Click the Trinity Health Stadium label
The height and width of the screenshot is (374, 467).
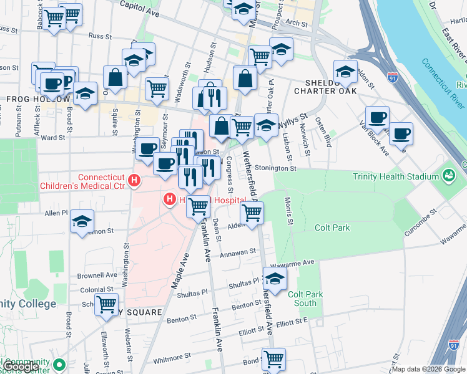pyautogui.click(x=396, y=176)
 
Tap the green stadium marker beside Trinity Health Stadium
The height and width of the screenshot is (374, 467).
pyautogui.click(x=448, y=176)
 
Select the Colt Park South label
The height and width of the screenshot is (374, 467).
pyautogui.click(x=305, y=299)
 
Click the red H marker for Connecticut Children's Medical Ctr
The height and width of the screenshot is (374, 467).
pyautogui.click(x=133, y=181)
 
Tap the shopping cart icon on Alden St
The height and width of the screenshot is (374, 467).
pyautogui.click(x=252, y=213)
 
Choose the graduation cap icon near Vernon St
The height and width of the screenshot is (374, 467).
pyautogui.click(x=82, y=222)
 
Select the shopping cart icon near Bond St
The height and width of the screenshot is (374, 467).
pyautogui.click(x=273, y=358)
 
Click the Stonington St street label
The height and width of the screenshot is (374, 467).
pyautogui.click(x=275, y=168)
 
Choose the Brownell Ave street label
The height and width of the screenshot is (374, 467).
pyautogui.click(x=97, y=274)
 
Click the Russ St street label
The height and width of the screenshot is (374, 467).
pyautogui.click(x=100, y=36)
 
